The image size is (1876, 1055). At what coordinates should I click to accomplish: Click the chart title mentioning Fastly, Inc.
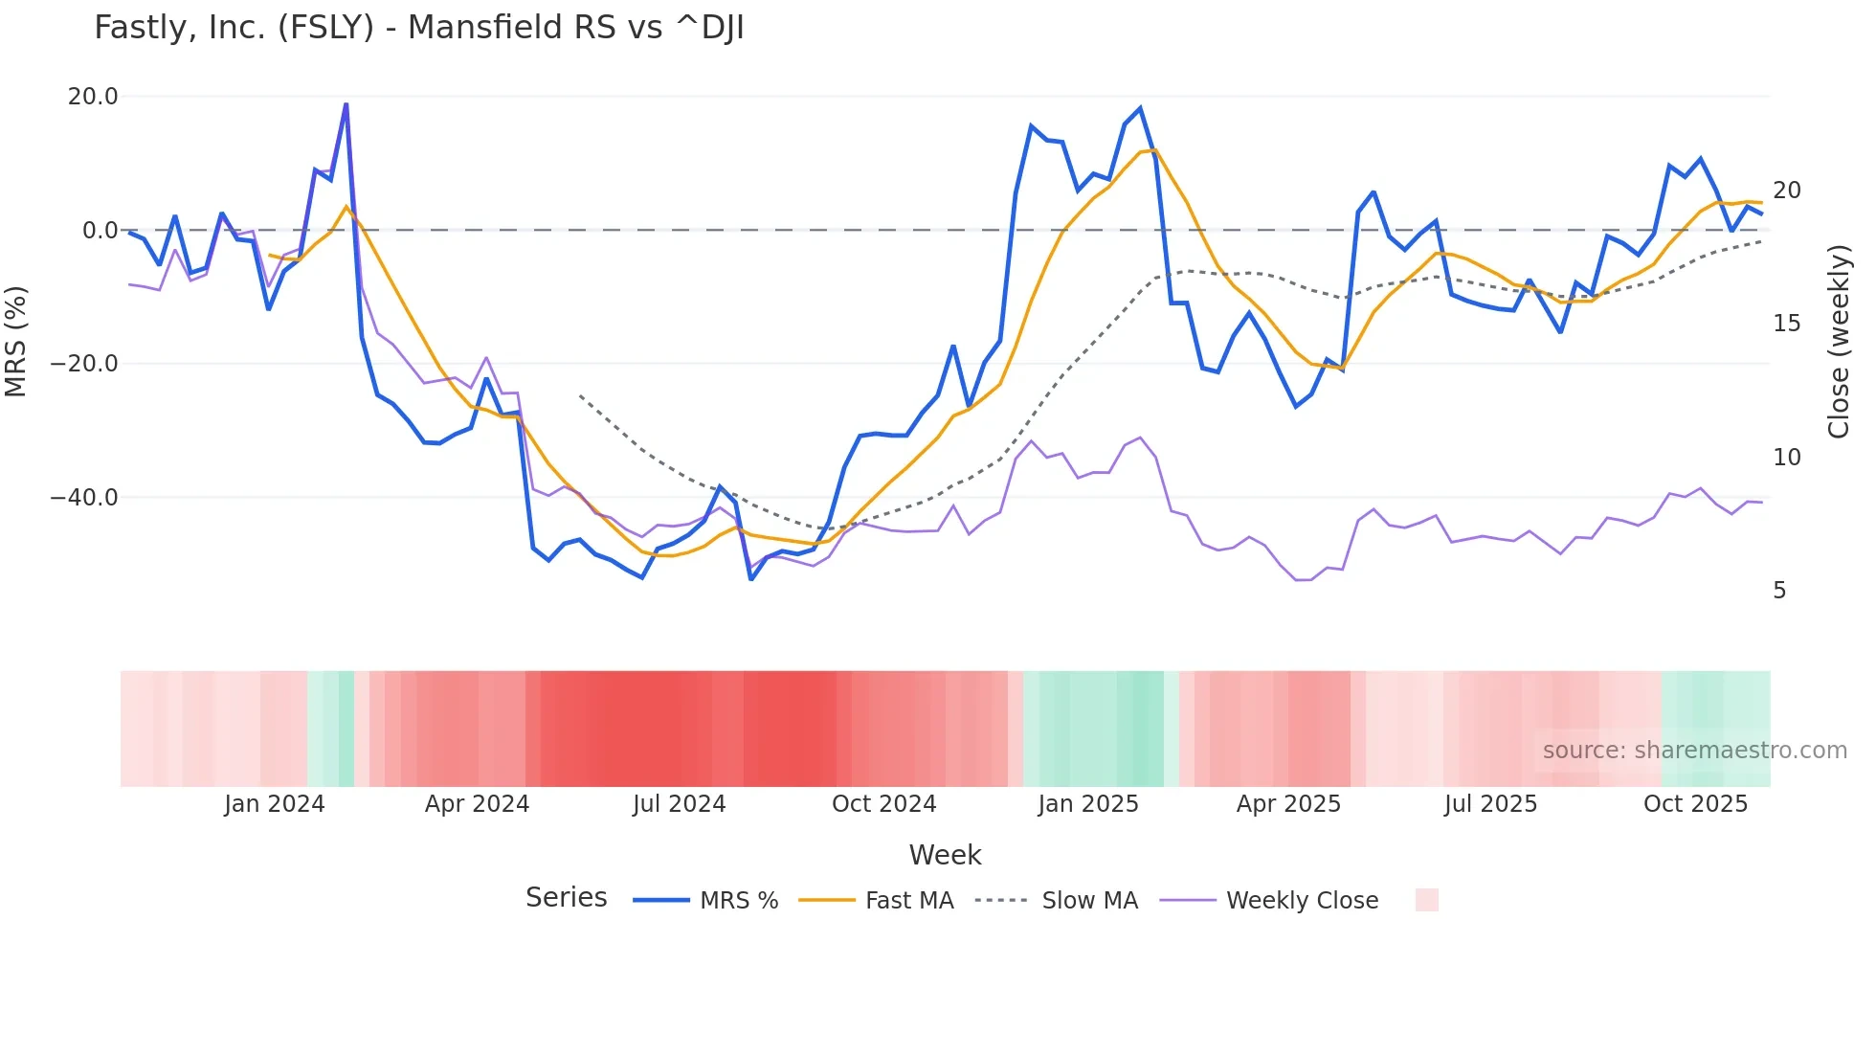418,28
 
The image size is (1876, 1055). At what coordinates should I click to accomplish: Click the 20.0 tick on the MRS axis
93,97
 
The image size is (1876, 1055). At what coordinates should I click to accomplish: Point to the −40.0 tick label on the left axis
84,498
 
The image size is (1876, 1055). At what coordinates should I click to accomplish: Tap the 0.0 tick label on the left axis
100,231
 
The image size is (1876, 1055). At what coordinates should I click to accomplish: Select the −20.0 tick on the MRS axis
84,364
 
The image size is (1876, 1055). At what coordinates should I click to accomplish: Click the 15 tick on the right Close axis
1786,324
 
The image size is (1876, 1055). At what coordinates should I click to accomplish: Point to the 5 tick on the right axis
1779,591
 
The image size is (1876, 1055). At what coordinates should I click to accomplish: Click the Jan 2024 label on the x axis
275,804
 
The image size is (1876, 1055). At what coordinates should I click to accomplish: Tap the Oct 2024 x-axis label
883,804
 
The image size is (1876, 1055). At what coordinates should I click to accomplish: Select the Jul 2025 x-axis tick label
1490,804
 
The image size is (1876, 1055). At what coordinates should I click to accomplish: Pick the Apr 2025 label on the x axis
1288,804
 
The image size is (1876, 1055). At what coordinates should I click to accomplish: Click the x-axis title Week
945,855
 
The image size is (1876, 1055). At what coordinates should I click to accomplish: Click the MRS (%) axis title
16,342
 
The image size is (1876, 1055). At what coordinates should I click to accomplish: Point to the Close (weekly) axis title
1839,342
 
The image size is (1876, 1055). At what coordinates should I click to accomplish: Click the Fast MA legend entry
908,901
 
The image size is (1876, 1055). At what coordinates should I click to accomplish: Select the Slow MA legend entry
1089,901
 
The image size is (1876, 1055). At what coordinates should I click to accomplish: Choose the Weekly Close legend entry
1302,901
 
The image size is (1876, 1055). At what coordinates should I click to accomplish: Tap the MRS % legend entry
738,901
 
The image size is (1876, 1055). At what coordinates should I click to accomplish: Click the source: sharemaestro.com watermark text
1694,751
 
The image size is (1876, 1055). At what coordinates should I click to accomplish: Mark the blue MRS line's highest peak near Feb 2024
346,104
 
